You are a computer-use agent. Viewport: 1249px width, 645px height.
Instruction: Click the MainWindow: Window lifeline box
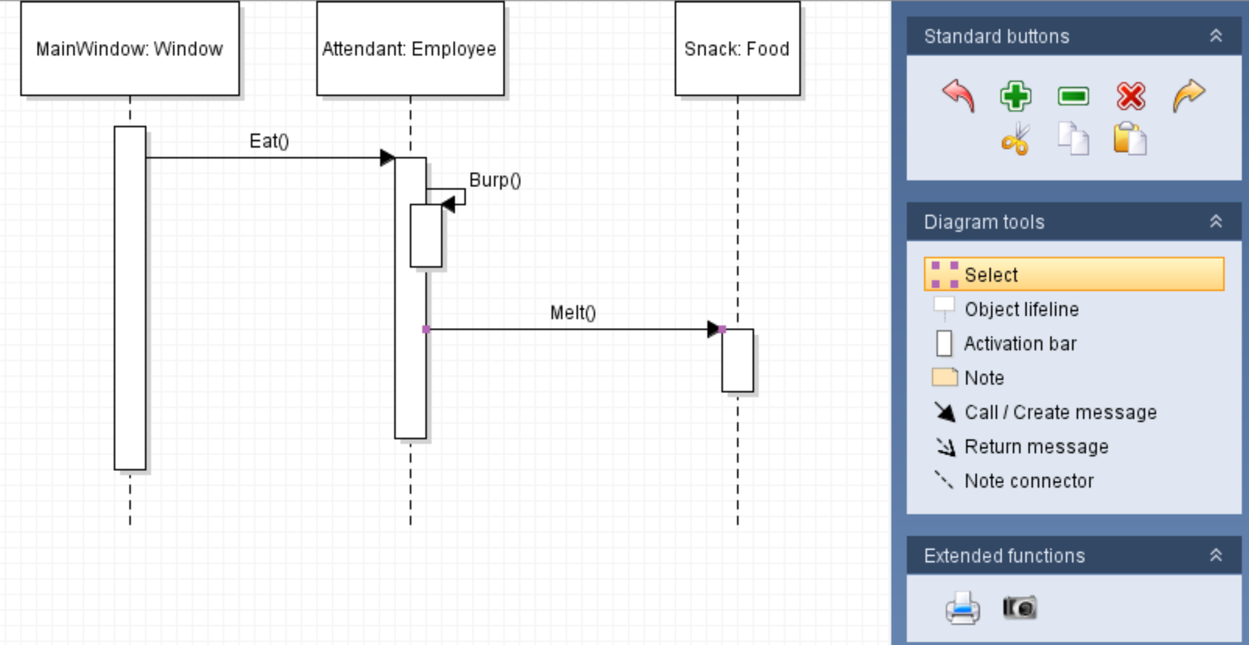point(130,49)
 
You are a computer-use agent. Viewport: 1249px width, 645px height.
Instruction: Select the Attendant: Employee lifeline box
point(409,49)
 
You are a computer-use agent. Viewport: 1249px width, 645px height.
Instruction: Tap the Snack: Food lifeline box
point(737,49)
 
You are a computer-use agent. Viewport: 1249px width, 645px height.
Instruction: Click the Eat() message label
point(269,141)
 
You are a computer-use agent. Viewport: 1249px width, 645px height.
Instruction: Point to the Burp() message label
point(495,180)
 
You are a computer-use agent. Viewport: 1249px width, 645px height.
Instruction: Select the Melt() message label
point(573,313)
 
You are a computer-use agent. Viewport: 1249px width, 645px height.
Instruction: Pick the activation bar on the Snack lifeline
point(737,361)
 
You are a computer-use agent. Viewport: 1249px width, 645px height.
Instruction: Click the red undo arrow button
point(959,96)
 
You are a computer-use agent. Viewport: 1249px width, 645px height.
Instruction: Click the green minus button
point(1073,96)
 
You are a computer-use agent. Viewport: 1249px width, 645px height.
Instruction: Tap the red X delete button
point(1131,96)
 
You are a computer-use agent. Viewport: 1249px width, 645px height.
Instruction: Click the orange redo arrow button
point(1189,96)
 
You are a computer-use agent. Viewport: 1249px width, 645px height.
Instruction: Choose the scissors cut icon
point(1015,138)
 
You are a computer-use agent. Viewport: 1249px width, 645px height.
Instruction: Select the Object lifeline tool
point(1021,309)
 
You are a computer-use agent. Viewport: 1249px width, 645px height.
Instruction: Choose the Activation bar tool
point(1020,344)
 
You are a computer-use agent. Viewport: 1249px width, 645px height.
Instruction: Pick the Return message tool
point(1036,447)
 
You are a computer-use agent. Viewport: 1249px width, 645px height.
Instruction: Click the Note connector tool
point(1028,481)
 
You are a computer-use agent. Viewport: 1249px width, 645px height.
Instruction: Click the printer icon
point(962,608)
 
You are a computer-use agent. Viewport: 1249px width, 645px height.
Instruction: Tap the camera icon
point(1020,607)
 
